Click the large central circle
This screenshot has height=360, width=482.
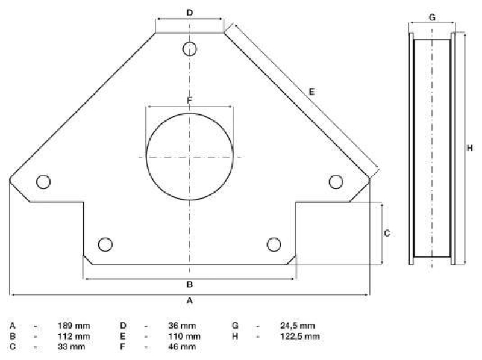[146, 157]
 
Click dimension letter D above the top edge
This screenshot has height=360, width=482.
[190, 13]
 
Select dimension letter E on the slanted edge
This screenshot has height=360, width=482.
[311, 92]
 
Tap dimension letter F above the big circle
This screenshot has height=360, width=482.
[190, 100]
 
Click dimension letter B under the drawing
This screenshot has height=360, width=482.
[190, 284]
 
